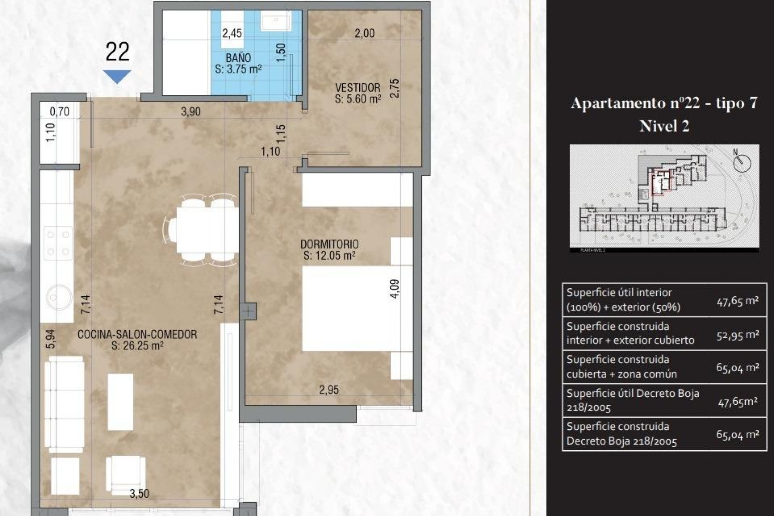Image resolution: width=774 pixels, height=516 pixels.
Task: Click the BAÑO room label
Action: pyautogui.click(x=238, y=58)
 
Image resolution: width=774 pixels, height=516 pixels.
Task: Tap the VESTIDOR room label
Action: pyautogui.click(x=358, y=88)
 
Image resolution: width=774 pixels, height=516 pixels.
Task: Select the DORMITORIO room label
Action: pyautogui.click(x=329, y=244)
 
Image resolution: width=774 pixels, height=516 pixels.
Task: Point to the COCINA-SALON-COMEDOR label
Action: pyautogui.click(x=137, y=335)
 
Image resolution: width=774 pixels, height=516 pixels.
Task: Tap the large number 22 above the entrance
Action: pyautogui.click(x=117, y=52)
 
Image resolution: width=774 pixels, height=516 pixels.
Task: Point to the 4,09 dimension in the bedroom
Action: pyautogui.click(x=395, y=289)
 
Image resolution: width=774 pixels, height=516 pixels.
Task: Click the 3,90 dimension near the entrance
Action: pyautogui.click(x=191, y=112)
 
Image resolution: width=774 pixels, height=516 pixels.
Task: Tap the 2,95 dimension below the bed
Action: pyautogui.click(x=329, y=390)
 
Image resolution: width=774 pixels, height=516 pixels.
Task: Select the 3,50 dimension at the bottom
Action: pyautogui.click(x=139, y=493)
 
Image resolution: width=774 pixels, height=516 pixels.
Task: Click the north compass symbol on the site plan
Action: pyautogui.click(x=741, y=162)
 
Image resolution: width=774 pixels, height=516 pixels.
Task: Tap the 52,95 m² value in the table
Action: pyautogui.click(x=738, y=335)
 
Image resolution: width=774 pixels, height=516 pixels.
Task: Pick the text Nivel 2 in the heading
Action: pyautogui.click(x=664, y=126)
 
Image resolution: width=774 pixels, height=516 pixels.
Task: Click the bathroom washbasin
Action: pyautogui.click(x=276, y=21)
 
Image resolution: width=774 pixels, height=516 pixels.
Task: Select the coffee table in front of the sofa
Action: pyautogui.click(x=121, y=402)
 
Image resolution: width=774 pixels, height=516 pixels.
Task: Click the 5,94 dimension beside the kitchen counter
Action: pyautogui.click(x=50, y=339)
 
